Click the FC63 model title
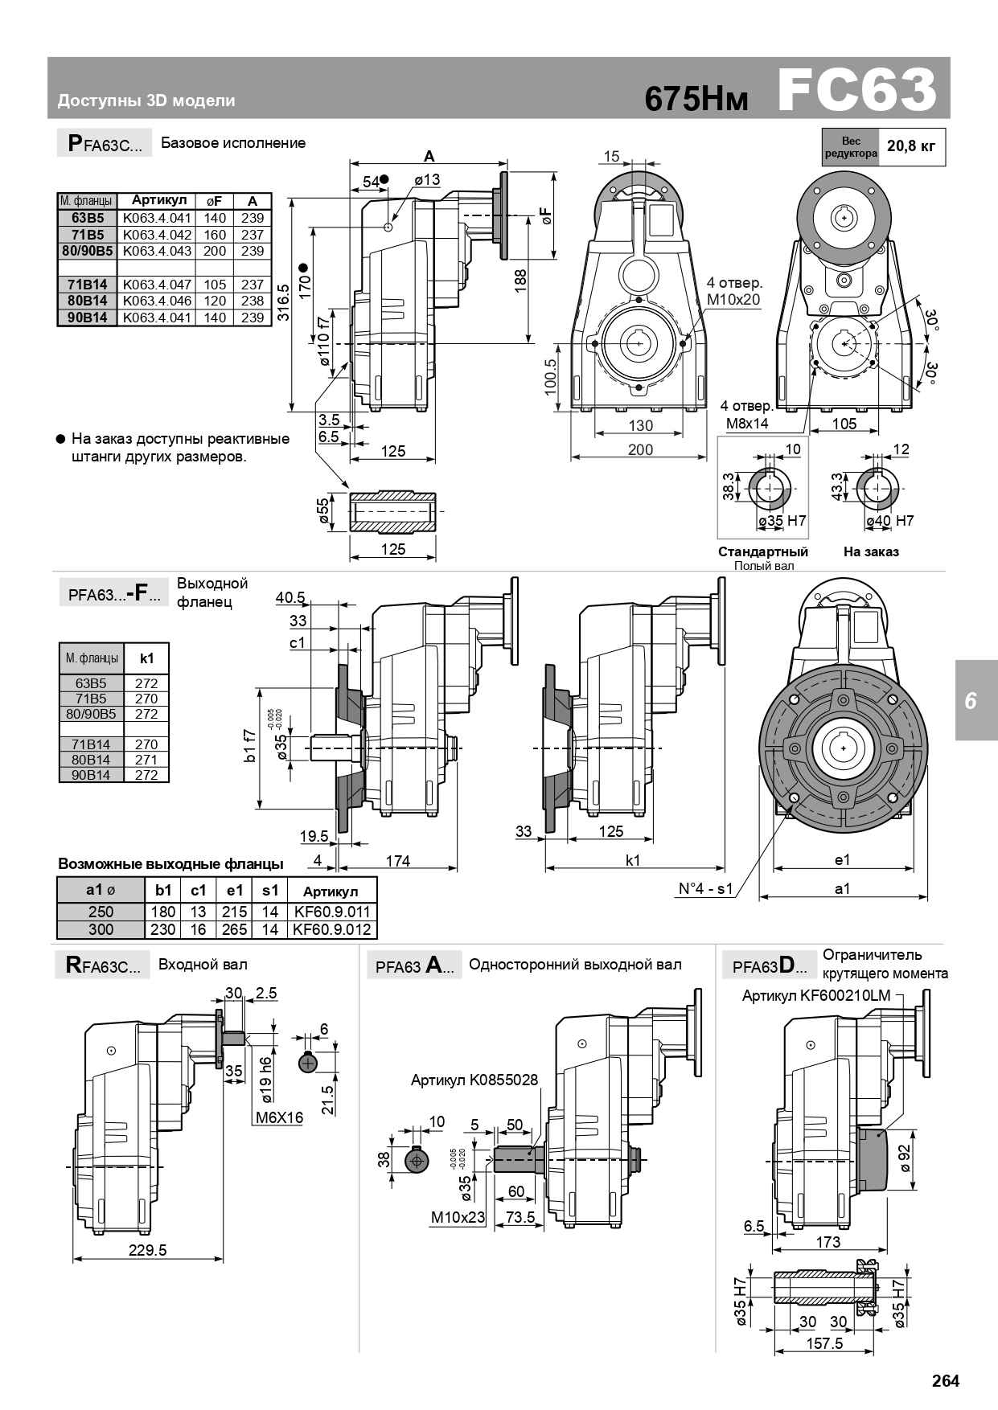pyautogui.click(x=857, y=89)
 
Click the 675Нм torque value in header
pyautogui.click(x=696, y=99)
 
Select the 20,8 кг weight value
pyautogui.click(x=911, y=146)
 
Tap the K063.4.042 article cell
pyautogui.click(x=157, y=235)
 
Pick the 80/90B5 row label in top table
pyautogui.click(x=87, y=251)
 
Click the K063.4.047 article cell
pyautogui.click(x=157, y=285)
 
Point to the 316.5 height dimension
pyautogui.click(x=284, y=302)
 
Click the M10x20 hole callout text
pyautogui.click(x=733, y=300)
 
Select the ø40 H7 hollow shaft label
pyautogui.click(x=889, y=521)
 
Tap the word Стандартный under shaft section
pyautogui.click(x=762, y=551)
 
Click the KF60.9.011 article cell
pyautogui.click(x=332, y=912)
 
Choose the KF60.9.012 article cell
pyautogui.click(x=332, y=929)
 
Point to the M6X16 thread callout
pyautogui.click(x=279, y=1117)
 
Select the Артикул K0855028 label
pyautogui.click(x=474, y=1080)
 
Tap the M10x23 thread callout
pyautogui.click(x=458, y=1217)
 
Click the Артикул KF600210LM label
pyautogui.click(x=816, y=996)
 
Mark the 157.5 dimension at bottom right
pyautogui.click(x=824, y=1343)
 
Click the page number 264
pyautogui.click(x=946, y=1381)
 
